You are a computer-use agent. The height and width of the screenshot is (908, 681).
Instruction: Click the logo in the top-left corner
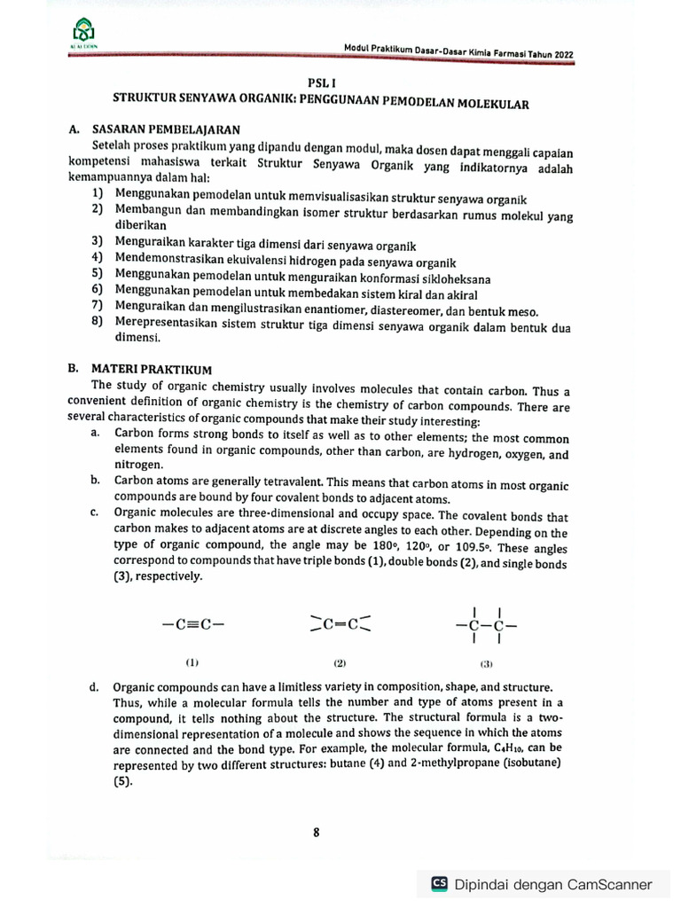(81, 31)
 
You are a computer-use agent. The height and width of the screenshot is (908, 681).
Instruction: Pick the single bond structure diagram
(486, 624)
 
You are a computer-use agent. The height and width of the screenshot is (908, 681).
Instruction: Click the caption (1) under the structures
(192, 662)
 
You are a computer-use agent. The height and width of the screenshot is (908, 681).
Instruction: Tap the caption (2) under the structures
(340, 663)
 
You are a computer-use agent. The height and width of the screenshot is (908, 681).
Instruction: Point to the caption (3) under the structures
(486, 663)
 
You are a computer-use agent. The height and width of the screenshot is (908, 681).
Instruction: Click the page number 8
(317, 832)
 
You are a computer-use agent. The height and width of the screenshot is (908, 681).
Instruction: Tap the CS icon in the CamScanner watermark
(439, 883)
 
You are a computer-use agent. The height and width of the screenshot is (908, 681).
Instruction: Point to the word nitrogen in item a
(138, 464)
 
